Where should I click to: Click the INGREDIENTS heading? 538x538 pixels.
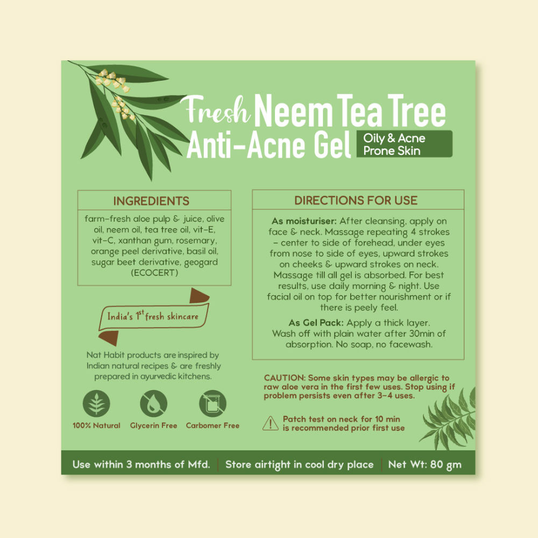(x=151, y=201)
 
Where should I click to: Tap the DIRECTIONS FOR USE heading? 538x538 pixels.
(x=356, y=200)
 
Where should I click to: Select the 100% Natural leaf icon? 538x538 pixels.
(x=96, y=403)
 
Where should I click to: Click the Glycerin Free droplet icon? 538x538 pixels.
(x=154, y=403)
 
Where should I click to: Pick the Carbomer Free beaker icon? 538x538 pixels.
(x=213, y=403)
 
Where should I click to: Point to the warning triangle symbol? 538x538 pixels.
(x=271, y=423)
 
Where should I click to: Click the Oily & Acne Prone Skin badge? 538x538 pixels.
(x=404, y=144)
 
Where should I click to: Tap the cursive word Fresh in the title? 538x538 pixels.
(x=216, y=109)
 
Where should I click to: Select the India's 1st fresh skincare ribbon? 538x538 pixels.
(x=153, y=316)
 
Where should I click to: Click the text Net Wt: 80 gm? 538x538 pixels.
(x=425, y=464)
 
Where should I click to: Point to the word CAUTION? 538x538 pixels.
(x=285, y=378)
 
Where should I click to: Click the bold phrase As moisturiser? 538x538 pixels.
(x=304, y=221)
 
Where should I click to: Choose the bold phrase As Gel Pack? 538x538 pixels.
(x=316, y=323)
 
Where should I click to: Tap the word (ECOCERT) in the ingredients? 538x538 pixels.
(x=154, y=273)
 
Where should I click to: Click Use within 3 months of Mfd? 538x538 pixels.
(x=141, y=464)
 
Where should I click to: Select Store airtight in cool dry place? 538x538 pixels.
(x=300, y=464)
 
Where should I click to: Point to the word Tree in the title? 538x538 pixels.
(x=416, y=110)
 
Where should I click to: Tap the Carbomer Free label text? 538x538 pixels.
(x=213, y=426)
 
